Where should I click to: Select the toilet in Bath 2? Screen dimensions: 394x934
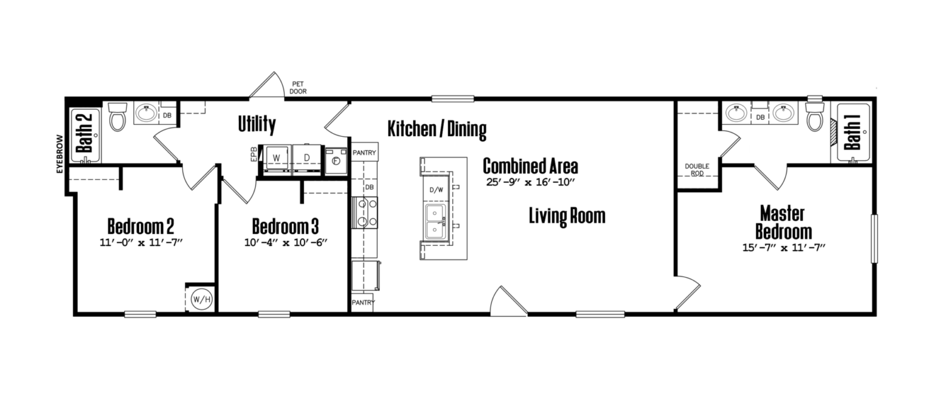point(117,116)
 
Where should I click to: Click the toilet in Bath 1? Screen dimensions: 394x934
point(815,116)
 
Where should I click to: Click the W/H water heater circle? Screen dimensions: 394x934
point(199,299)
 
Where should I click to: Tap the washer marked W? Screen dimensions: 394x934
point(276,158)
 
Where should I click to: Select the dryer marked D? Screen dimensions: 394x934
point(307,158)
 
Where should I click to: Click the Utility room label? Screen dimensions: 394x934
point(257,125)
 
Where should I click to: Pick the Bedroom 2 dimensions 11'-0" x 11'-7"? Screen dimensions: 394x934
point(141,243)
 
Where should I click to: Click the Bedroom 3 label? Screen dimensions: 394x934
point(285,227)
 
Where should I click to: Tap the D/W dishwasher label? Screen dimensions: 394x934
point(437,190)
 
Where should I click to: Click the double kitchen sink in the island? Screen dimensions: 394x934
point(435,221)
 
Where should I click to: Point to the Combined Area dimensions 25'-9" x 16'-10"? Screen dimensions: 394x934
point(530,182)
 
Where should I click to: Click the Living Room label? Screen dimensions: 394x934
point(567,216)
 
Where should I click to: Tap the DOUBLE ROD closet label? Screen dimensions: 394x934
point(697,170)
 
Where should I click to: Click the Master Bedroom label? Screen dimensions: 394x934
point(783,223)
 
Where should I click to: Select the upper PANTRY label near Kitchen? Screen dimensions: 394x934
point(364,153)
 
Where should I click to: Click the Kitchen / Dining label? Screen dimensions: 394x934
point(437,129)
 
